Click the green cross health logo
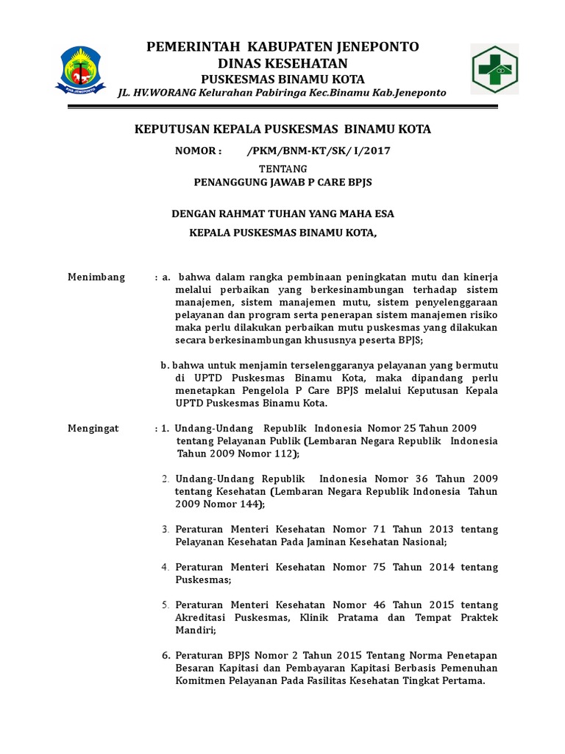point(494,69)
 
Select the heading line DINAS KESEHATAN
point(282,63)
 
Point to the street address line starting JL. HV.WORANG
point(282,92)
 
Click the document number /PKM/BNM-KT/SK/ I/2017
point(319,151)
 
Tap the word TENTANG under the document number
point(283,169)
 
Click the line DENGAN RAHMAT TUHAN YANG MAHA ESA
point(282,214)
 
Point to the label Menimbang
point(96,278)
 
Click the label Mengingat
point(93,429)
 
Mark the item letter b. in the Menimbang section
point(166,365)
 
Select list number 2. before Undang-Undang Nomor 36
point(166,479)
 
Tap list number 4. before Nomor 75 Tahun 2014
point(166,567)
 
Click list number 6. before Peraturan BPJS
point(166,655)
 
